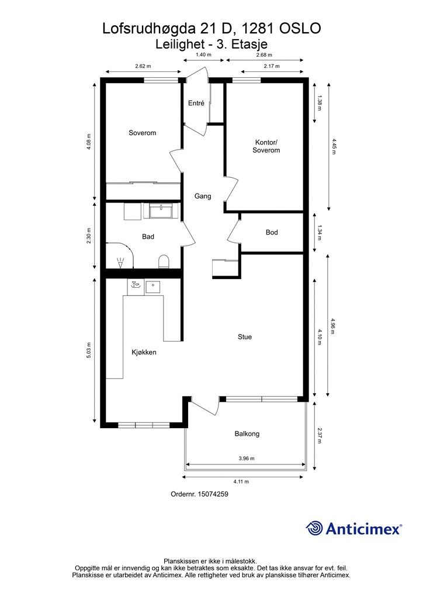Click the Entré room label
196,103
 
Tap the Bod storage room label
272,232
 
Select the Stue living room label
244,337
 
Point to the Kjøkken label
144,352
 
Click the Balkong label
247,434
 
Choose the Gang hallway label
203,197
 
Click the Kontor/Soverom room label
266,146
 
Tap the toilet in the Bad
164,261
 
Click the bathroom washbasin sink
161,211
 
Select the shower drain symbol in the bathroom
120,262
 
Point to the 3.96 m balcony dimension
247,459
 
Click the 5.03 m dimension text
89,350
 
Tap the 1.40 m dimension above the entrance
203,54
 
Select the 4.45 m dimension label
334,146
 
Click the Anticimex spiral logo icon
314,529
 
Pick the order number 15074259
212,494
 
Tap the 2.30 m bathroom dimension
89,236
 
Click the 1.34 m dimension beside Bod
319,233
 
